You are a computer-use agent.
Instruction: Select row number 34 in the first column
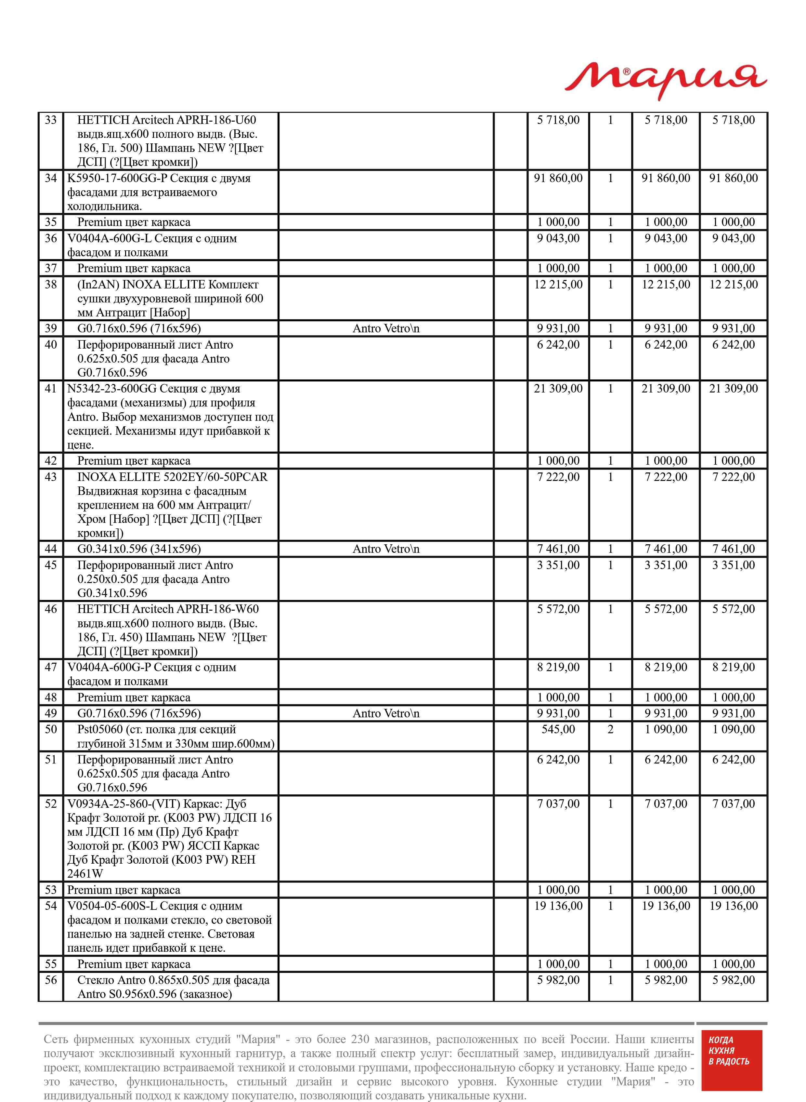51,178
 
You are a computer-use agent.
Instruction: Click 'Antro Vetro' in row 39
385,328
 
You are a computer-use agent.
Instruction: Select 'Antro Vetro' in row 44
385,549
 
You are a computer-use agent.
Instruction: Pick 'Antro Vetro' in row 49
385,713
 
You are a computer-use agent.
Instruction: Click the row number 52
51,804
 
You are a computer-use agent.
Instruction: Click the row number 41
51,389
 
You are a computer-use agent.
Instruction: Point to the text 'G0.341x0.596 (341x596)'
139,549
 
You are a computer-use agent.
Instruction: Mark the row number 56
51,980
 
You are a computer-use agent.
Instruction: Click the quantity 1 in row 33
610,120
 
